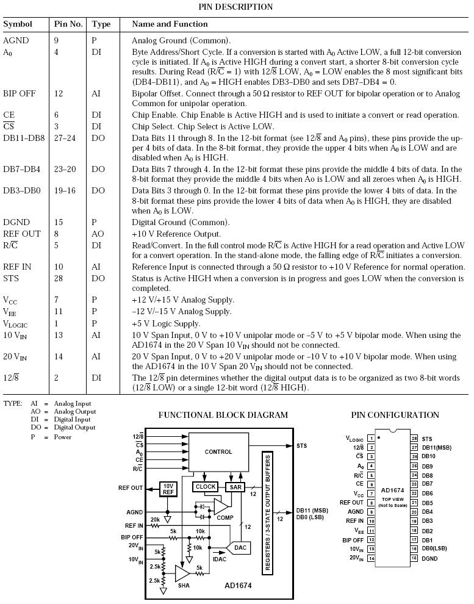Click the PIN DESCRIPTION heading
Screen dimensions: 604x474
tap(235, 7)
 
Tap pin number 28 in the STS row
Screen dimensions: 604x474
tap(62, 278)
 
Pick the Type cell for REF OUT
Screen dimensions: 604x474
tap(98, 234)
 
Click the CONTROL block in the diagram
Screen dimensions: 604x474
tap(218, 452)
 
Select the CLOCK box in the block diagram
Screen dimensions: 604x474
tap(206, 487)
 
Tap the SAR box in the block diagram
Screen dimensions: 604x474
tap(235, 487)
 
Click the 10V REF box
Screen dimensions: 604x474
tap(168, 489)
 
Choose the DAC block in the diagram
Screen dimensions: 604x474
tap(240, 548)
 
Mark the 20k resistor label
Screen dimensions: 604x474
tap(156, 519)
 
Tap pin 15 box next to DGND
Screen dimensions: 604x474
tap(414, 558)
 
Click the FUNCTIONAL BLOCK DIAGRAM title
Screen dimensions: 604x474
tap(223, 415)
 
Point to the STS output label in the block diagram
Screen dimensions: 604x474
tap(302, 446)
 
